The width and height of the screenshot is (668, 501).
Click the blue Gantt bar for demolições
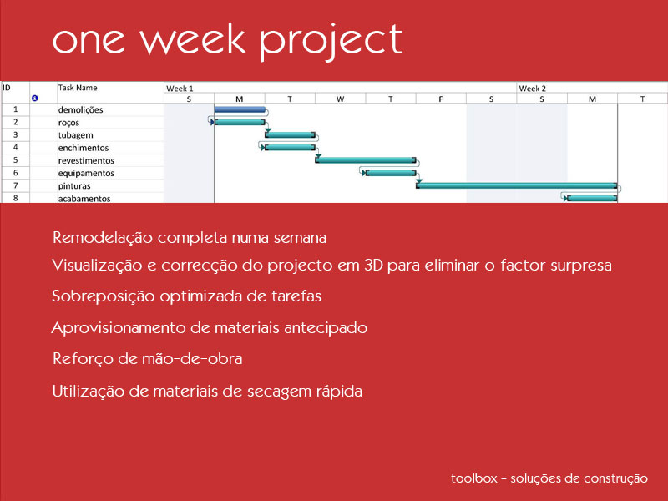(240, 109)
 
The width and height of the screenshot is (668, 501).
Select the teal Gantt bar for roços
(240, 122)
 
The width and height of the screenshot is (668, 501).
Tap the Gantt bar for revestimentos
(366, 160)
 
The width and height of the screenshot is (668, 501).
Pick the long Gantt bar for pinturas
(517, 185)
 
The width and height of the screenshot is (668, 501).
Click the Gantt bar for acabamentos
(592, 198)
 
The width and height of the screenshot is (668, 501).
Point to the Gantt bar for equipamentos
(391, 173)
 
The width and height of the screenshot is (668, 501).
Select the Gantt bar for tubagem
(290, 135)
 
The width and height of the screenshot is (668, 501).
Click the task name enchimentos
(83, 148)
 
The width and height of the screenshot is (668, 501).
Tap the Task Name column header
(78, 88)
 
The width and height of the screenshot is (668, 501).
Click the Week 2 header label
(532, 89)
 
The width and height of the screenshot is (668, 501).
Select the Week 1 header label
(180, 89)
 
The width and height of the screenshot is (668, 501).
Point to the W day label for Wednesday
(340, 99)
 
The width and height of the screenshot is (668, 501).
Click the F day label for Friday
(441, 99)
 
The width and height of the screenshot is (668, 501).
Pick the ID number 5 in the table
(15, 160)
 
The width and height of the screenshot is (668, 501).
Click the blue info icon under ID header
(35, 98)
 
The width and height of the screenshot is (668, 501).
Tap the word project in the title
(331, 41)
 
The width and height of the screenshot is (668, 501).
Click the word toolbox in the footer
(474, 478)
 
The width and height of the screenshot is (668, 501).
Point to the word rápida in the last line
(339, 391)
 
